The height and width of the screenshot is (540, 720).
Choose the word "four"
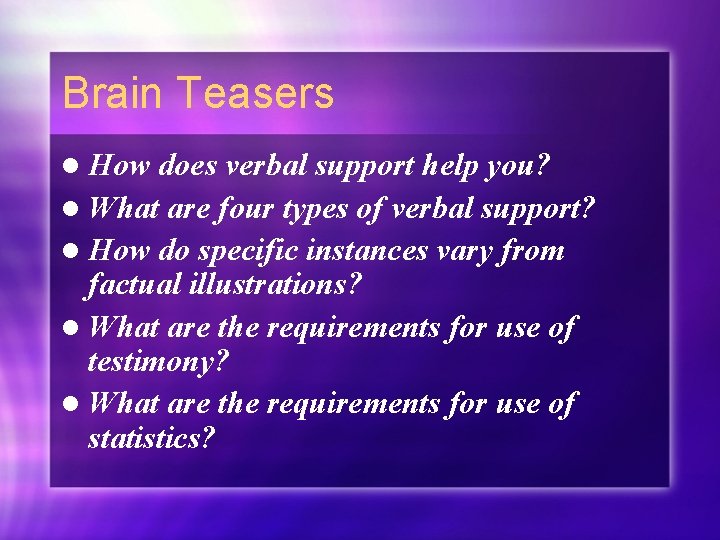[x=247, y=208]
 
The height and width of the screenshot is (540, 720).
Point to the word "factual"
[x=131, y=285]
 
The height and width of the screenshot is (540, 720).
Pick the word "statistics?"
[x=152, y=438]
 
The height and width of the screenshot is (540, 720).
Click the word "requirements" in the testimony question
[x=364, y=328]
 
